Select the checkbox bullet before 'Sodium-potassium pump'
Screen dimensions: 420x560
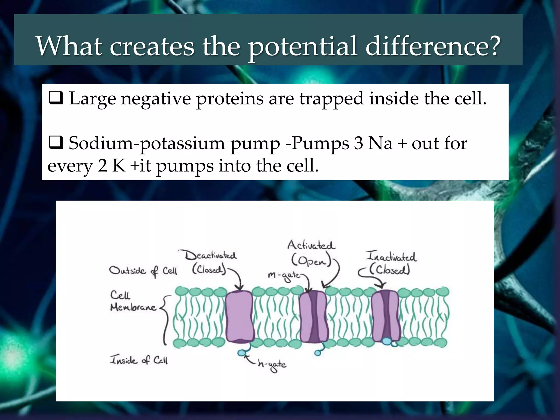(x=56, y=143)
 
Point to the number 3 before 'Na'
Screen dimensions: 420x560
(x=358, y=143)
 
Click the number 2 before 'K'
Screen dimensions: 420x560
(x=103, y=166)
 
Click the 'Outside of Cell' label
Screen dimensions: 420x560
(x=143, y=271)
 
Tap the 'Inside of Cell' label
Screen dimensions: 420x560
(x=139, y=360)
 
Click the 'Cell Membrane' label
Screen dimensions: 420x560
(x=133, y=301)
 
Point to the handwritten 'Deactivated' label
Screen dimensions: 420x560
(x=210, y=255)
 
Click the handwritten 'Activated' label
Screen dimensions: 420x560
(x=311, y=245)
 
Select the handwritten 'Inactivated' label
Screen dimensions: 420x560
(x=391, y=256)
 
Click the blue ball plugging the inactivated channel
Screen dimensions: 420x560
(x=387, y=341)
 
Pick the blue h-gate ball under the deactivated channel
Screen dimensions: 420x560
(x=241, y=353)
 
